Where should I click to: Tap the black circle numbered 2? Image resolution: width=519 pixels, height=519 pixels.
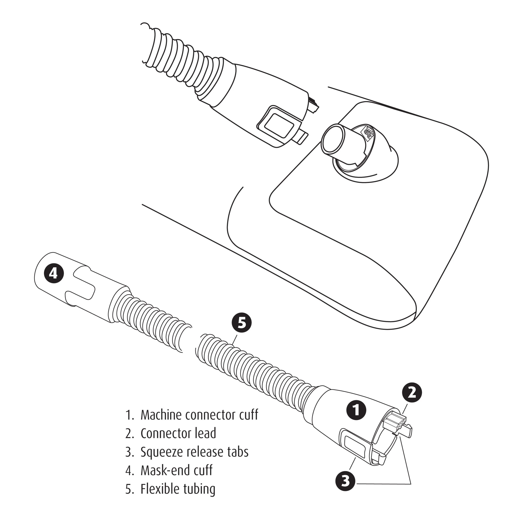click(412, 392)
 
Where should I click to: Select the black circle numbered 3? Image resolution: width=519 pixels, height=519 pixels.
click(345, 481)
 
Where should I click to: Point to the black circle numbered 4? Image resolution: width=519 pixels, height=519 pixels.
click(54, 274)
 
